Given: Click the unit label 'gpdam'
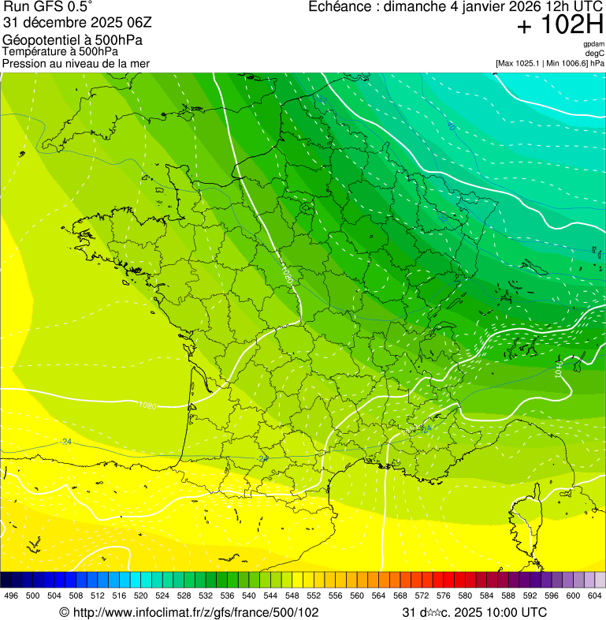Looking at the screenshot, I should pos(593,44).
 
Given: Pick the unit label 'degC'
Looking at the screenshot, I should pos(595,53).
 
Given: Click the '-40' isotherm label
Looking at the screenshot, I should pos(450,125).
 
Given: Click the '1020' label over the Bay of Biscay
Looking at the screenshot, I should pos(147,405).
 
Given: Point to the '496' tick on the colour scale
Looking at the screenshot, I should pos(11,596).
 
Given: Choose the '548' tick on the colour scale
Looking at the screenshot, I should pos(291,596).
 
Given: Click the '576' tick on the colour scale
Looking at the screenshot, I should pos(443,596).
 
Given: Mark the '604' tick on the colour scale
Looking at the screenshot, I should pos(595,596).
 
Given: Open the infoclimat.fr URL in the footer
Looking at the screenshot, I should pos(189,612).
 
